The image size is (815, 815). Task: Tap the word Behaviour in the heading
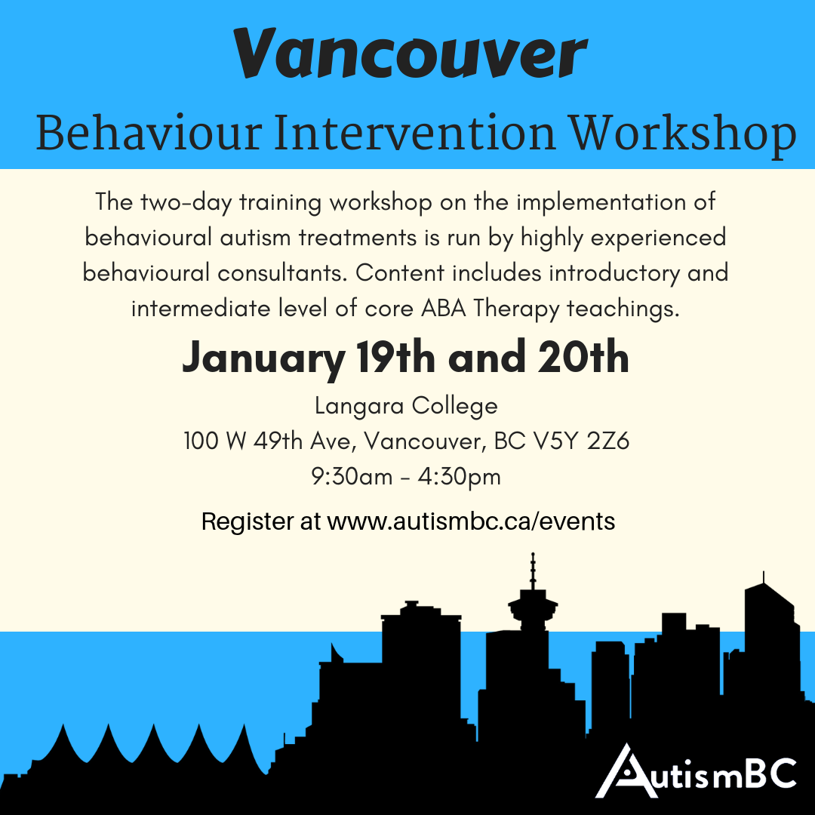(x=149, y=134)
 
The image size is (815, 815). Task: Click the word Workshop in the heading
(x=682, y=135)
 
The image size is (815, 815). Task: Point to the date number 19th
(x=395, y=358)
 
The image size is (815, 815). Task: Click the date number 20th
(x=583, y=358)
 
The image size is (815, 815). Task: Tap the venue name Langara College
(x=406, y=407)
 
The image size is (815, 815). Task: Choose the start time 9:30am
(x=352, y=477)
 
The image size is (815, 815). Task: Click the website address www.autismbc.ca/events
(x=471, y=521)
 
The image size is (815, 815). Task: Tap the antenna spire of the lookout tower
(x=533, y=570)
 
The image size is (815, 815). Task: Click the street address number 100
(x=201, y=441)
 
